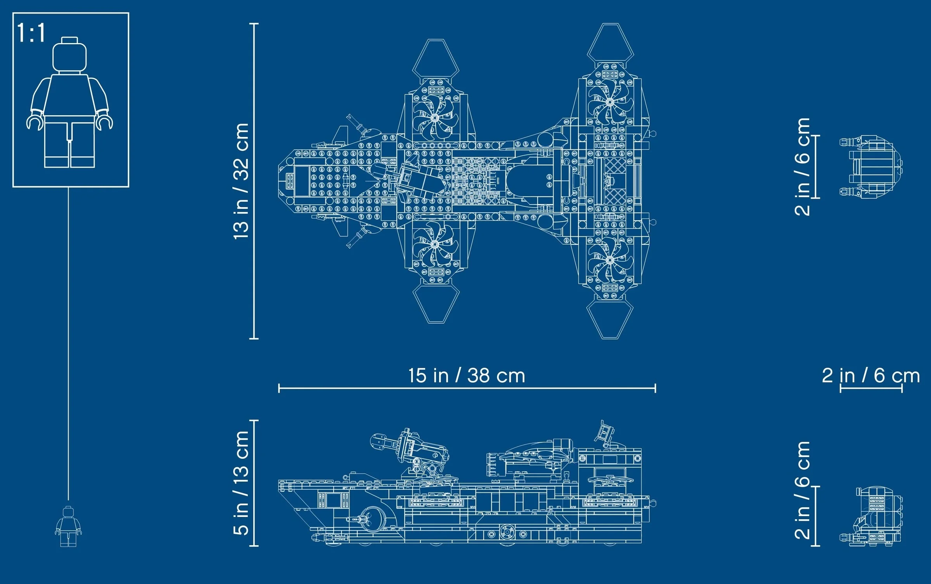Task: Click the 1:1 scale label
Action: point(31,33)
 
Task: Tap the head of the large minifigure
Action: point(69,56)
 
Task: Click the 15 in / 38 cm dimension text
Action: point(467,376)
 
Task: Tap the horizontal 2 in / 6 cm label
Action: point(870,376)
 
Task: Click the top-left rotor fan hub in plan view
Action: point(434,118)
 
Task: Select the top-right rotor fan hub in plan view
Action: point(609,102)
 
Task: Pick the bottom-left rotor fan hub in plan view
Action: point(434,244)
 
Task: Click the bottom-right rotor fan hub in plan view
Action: point(609,260)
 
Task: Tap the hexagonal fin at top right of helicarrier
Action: point(610,43)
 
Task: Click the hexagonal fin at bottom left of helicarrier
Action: point(435,303)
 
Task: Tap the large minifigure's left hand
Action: point(33,122)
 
